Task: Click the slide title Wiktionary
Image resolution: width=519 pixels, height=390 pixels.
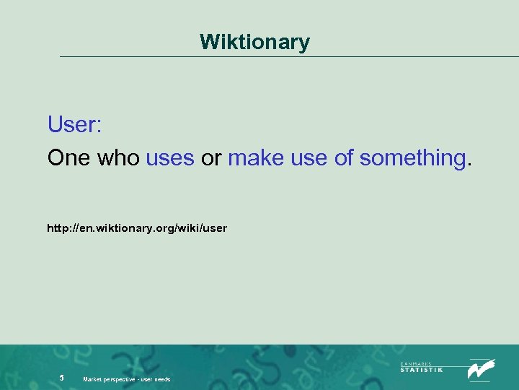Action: pyautogui.click(x=255, y=42)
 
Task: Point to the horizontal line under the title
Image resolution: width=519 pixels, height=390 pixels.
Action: pyautogui.click(x=288, y=56)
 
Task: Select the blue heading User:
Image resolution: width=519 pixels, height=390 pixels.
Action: pyautogui.click(x=74, y=124)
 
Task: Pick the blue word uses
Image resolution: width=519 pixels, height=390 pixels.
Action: pyautogui.click(x=170, y=157)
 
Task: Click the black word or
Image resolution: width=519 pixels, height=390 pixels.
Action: pyautogui.click(x=211, y=157)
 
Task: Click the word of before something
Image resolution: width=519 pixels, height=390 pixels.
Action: pyautogui.click(x=344, y=157)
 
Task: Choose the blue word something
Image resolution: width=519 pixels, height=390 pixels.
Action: pyautogui.click(x=412, y=157)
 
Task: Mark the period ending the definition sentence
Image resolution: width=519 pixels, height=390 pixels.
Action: pyautogui.click(x=470, y=163)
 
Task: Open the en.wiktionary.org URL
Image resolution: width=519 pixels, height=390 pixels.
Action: pyautogui.click(x=137, y=228)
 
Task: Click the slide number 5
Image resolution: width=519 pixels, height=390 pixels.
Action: pyautogui.click(x=62, y=378)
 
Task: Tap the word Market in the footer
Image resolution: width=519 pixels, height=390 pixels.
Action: pyautogui.click(x=93, y=379)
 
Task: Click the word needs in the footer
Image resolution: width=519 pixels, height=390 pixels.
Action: pyautogui.click(x=163, y=379)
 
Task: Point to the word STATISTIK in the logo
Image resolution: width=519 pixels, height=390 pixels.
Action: pyautogui.click(x=422, y=369)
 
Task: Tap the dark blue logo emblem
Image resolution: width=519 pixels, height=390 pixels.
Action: pyautogui.click(x=481, y=368)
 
